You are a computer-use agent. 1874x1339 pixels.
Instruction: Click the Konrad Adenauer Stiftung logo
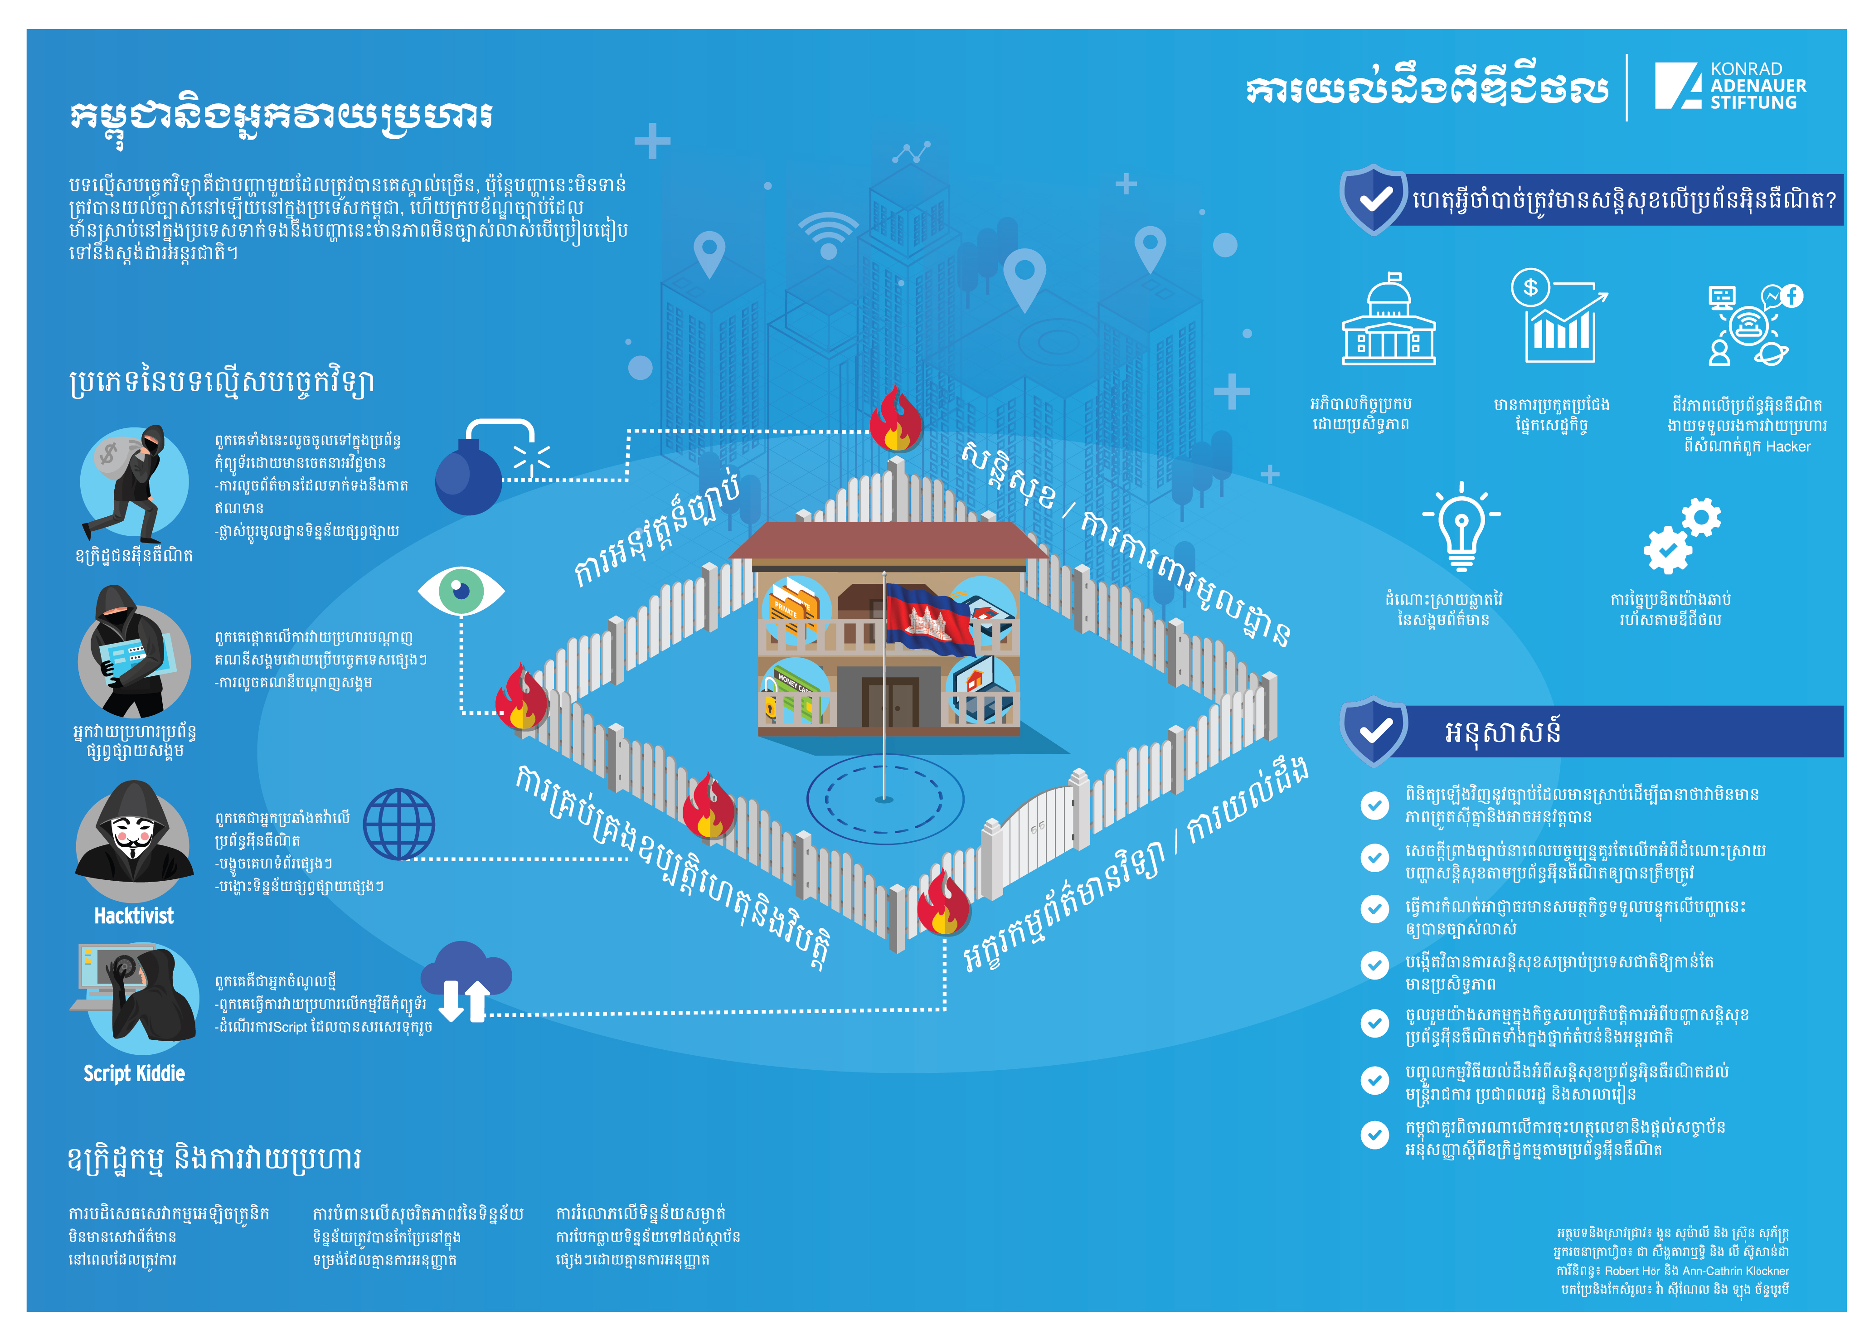tap(1730, 86)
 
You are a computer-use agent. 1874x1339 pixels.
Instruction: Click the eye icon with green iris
tap(461, 590)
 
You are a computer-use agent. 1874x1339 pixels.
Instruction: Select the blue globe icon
tap(399, 825)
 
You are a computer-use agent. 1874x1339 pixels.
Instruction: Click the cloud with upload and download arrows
tap(466, 981)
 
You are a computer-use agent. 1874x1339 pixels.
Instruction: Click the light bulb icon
tap(1461, 526)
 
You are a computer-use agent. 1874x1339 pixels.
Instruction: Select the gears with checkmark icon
tap(1682, 535)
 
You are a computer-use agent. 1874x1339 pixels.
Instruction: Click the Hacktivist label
tap(134, 915)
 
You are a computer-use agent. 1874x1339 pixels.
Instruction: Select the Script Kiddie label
tap(134, 1072)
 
